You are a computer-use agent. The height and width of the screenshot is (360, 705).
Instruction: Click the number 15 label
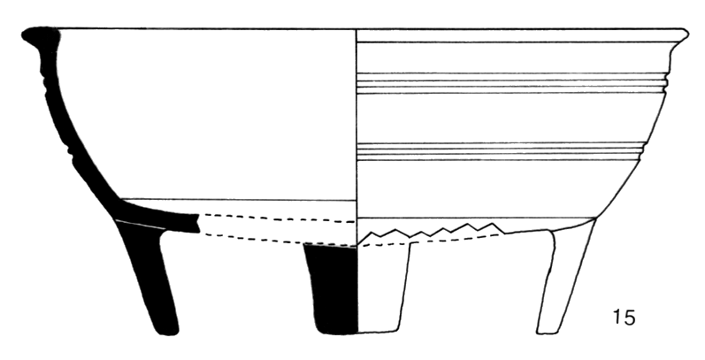click(x=623, y=316)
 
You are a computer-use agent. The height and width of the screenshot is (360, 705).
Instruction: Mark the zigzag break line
click(x=433, y=231)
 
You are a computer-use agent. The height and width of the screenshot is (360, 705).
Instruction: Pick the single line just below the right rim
click(x=513, y=42)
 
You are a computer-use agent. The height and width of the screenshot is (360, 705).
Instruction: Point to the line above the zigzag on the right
click(x=478, y=218)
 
